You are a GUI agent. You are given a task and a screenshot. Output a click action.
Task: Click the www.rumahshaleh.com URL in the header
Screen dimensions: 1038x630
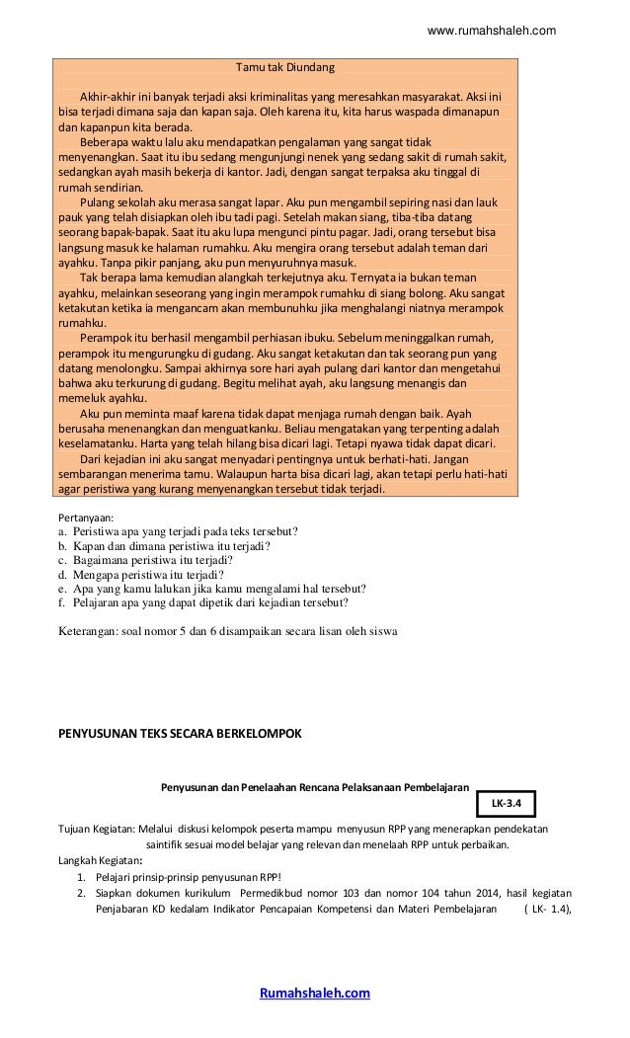(491, 31)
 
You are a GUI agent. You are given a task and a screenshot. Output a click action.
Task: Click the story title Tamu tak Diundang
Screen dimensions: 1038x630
(285, 68)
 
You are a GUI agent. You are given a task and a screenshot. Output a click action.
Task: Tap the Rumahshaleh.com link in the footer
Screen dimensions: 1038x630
(314, 993)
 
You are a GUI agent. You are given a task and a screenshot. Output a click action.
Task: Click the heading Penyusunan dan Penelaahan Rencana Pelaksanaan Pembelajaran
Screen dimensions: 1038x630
(315, 787)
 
